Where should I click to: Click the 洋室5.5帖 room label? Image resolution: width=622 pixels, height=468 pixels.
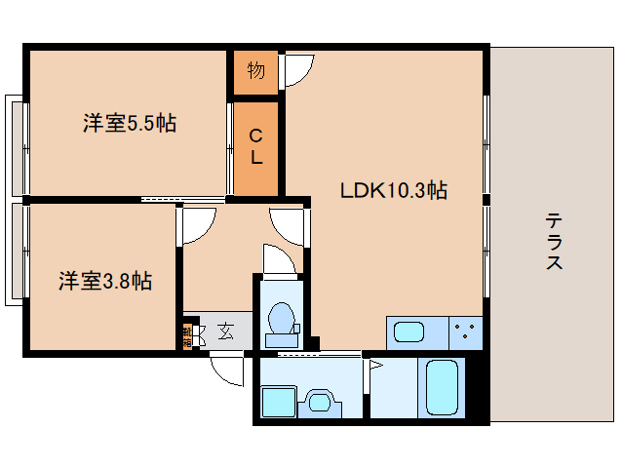(129, 124)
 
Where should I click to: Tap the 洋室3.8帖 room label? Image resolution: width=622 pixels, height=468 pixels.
(104, 282)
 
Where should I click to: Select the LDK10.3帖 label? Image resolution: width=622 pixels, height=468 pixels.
(393, 191)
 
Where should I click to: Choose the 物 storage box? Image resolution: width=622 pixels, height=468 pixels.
(255, 70)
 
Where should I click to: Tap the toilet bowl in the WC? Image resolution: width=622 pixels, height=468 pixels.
(281, 320)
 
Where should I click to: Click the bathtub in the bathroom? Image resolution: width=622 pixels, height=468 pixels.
(443, 388)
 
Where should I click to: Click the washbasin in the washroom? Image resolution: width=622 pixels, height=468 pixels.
(320, 401)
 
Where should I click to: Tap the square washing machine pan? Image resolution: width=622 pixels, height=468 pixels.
(279, 401)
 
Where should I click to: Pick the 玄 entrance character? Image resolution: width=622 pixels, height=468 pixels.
(225, 332)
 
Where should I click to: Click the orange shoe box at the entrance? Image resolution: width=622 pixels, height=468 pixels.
(187, 334)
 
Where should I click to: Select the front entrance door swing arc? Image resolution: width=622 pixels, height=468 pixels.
(228, 370)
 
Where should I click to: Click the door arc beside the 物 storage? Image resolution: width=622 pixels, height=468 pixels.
(298, 70)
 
